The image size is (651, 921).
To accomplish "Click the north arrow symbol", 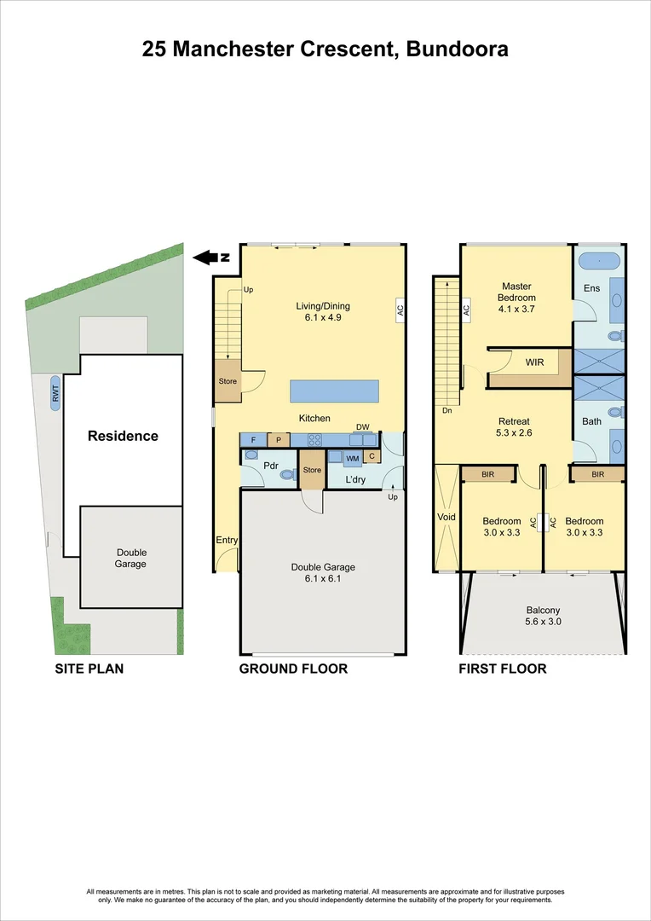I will pos(207,257).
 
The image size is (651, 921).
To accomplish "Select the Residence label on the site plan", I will pos(123,436).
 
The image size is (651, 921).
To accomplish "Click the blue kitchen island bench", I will pos(334,391).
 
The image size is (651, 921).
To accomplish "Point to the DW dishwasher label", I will pos(362,427).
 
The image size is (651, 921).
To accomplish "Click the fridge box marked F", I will pos(253,440).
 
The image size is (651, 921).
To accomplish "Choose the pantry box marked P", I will pos(278,440).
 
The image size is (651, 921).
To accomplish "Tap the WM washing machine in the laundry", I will pos(351,458).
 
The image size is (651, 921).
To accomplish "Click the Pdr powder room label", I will pos(272,466).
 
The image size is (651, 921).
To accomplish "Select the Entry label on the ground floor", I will pos(228,540).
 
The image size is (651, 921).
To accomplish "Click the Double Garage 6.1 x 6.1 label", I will pos(323,572).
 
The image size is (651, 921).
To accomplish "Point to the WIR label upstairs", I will pos(534,362).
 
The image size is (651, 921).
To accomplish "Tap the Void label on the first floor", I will pos(446,517).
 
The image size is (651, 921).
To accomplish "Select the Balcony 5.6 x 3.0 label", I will pos(543,616).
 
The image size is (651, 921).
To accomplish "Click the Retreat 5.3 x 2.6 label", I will pos(514,427).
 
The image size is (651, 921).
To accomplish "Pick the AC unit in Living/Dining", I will pos(399,310).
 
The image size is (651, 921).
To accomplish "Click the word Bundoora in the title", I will pos(457,49).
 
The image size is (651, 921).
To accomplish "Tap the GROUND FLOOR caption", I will pos(292,669).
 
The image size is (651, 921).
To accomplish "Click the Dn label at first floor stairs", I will pos(446,409).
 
